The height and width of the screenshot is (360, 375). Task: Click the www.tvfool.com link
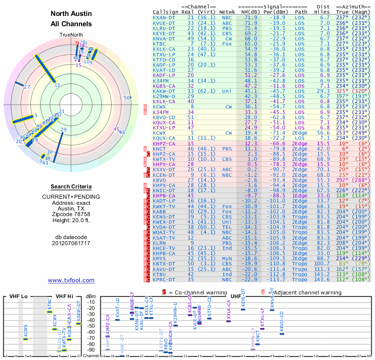[71, 280]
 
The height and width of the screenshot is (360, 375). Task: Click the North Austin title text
[71, 14]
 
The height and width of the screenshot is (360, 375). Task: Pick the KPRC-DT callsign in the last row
[165, 279]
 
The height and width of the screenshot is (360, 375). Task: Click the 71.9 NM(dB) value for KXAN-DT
[250, 17]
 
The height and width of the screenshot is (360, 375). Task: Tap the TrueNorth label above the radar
[71, 35]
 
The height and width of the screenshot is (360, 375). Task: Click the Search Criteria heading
[71, 186]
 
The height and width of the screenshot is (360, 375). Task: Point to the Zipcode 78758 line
[71, 213]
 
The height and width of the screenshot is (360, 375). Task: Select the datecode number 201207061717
[71, 243]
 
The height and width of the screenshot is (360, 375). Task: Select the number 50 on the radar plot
[127, 97]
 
